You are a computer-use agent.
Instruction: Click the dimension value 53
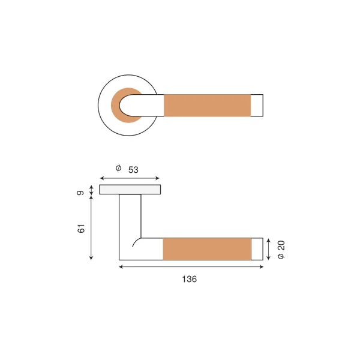(x=133, y=170)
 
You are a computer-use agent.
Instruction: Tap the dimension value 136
(x=190, y=279)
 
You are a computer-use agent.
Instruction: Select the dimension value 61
(x=81, y=229)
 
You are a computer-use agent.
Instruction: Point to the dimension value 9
(x=80, y=193)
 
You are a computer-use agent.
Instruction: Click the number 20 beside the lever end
(x=281, y=245)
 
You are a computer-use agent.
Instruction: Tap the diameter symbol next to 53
(x=118, y=168)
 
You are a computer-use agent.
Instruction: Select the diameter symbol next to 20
(x=281, y=256)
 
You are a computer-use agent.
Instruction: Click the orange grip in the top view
(x=207, y=106)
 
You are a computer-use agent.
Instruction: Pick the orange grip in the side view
(x=207, y=249)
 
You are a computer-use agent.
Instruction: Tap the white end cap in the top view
(x=257, y=106)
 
